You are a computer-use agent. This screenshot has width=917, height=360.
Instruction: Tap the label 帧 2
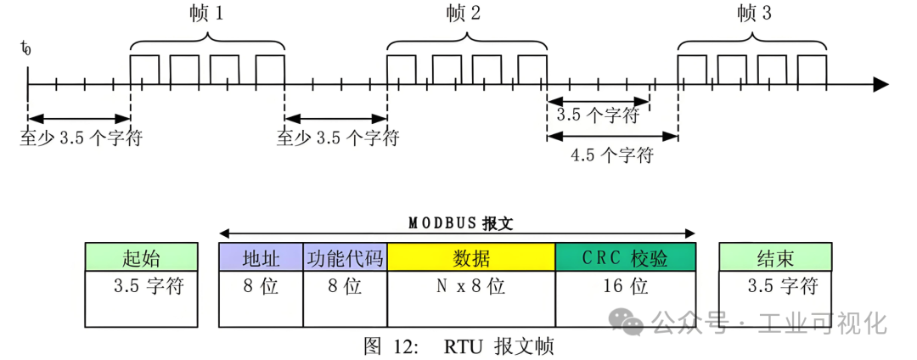[462, 13]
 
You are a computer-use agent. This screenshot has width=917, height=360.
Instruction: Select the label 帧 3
[754, 13]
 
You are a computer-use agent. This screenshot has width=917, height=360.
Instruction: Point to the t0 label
[25, 48]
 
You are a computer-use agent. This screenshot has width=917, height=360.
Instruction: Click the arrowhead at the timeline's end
[880, 85]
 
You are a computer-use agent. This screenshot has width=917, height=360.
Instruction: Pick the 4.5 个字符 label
[611, 156]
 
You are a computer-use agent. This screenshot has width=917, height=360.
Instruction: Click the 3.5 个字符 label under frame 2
[597, 115]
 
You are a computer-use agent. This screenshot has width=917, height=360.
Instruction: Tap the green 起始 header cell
[141, 257]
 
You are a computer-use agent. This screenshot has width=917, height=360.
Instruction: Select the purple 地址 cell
[261, 257]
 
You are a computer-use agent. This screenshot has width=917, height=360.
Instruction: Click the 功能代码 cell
[345, 257]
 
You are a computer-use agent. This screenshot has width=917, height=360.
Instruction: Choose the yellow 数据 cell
[471, 257]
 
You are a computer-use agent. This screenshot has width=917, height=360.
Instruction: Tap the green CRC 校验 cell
[625, 257]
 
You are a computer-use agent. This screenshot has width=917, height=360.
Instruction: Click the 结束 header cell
[775, 257]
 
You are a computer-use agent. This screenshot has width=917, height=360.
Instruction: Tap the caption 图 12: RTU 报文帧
[458, 346]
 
